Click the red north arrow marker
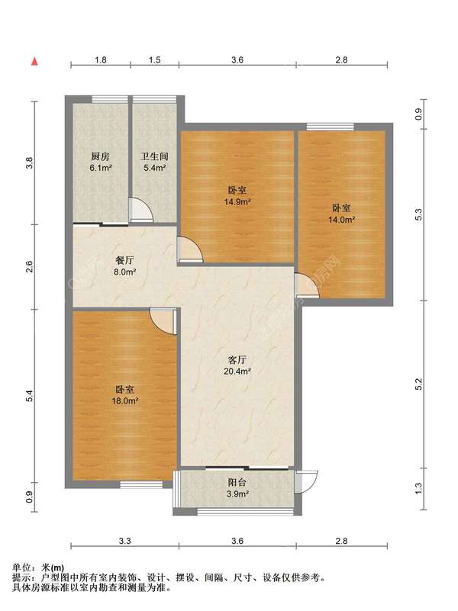coord(34,61)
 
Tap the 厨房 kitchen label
coord(101,156)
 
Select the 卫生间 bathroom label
coord(154,156)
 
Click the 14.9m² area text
coord(237,202)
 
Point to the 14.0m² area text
coord(341,220)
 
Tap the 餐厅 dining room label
coord(124,261)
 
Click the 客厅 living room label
coord(237,360)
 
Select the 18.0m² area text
coord(124,400)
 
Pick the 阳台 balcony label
coord(237,482)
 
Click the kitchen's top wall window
coord(110,99)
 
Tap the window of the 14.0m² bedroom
coord(331,127)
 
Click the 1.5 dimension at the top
coord(155,59)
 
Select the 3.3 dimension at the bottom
coord(124,541)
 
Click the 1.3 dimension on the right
coord(418,489)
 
